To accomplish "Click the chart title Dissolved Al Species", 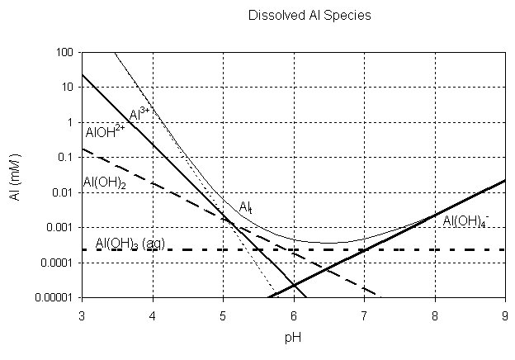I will [296, 16].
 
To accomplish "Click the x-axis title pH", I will [293, 339].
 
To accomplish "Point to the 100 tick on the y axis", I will [65, 53].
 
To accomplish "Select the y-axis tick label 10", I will [68, 88].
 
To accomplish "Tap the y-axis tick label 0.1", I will [66, 157].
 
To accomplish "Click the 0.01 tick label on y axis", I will [64, 192].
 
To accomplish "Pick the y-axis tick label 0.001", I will [61, 227].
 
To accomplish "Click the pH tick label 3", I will [82, 315].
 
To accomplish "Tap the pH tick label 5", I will [223, 315].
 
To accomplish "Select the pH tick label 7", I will [364, 315].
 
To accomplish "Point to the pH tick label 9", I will [504, 315].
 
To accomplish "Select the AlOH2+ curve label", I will [105, 132].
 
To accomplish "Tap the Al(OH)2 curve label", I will [104, 182].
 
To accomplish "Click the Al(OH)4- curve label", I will [466, 221].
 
